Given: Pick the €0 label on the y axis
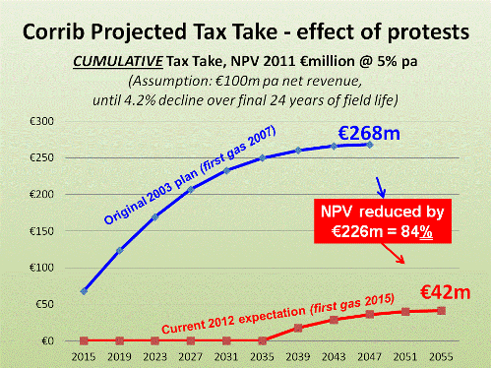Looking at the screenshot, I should (46, 340).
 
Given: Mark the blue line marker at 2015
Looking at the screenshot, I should (85, 291).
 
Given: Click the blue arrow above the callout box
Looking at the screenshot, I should (383, 185).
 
